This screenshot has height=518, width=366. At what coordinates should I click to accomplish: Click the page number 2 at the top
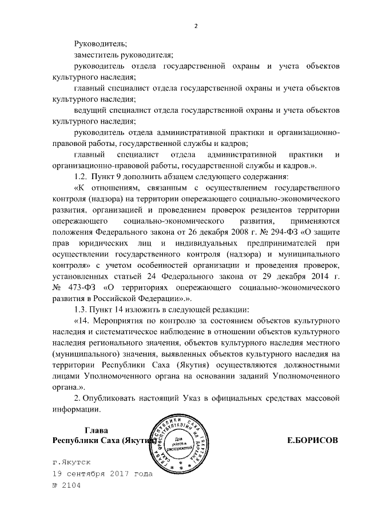(196, 26)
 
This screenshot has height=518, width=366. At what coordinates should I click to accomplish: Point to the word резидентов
(264, 209)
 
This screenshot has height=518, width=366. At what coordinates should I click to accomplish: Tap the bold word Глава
(96, 429)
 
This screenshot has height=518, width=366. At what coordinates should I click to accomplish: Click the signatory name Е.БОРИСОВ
(312, 440)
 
